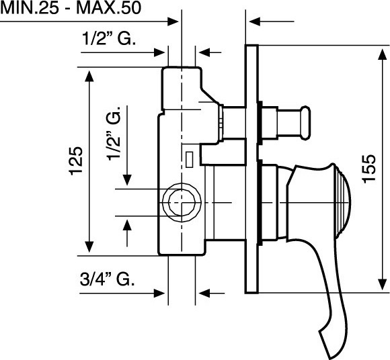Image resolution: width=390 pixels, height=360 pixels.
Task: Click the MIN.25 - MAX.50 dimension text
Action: [71, 7]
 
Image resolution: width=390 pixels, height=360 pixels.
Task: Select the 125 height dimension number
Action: [76, 161]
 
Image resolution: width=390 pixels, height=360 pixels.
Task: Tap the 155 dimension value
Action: [369, 169]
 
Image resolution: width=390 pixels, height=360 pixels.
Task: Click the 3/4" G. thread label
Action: [107, 279]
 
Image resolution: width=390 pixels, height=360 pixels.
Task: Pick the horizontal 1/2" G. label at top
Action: [109, 38]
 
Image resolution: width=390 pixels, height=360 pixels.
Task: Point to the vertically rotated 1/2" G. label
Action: [114, 134]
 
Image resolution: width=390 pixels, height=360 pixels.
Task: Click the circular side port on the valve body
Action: [182, 202]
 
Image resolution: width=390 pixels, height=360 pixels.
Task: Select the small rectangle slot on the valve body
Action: [190, 159]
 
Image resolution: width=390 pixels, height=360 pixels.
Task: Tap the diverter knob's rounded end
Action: [306, 123]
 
